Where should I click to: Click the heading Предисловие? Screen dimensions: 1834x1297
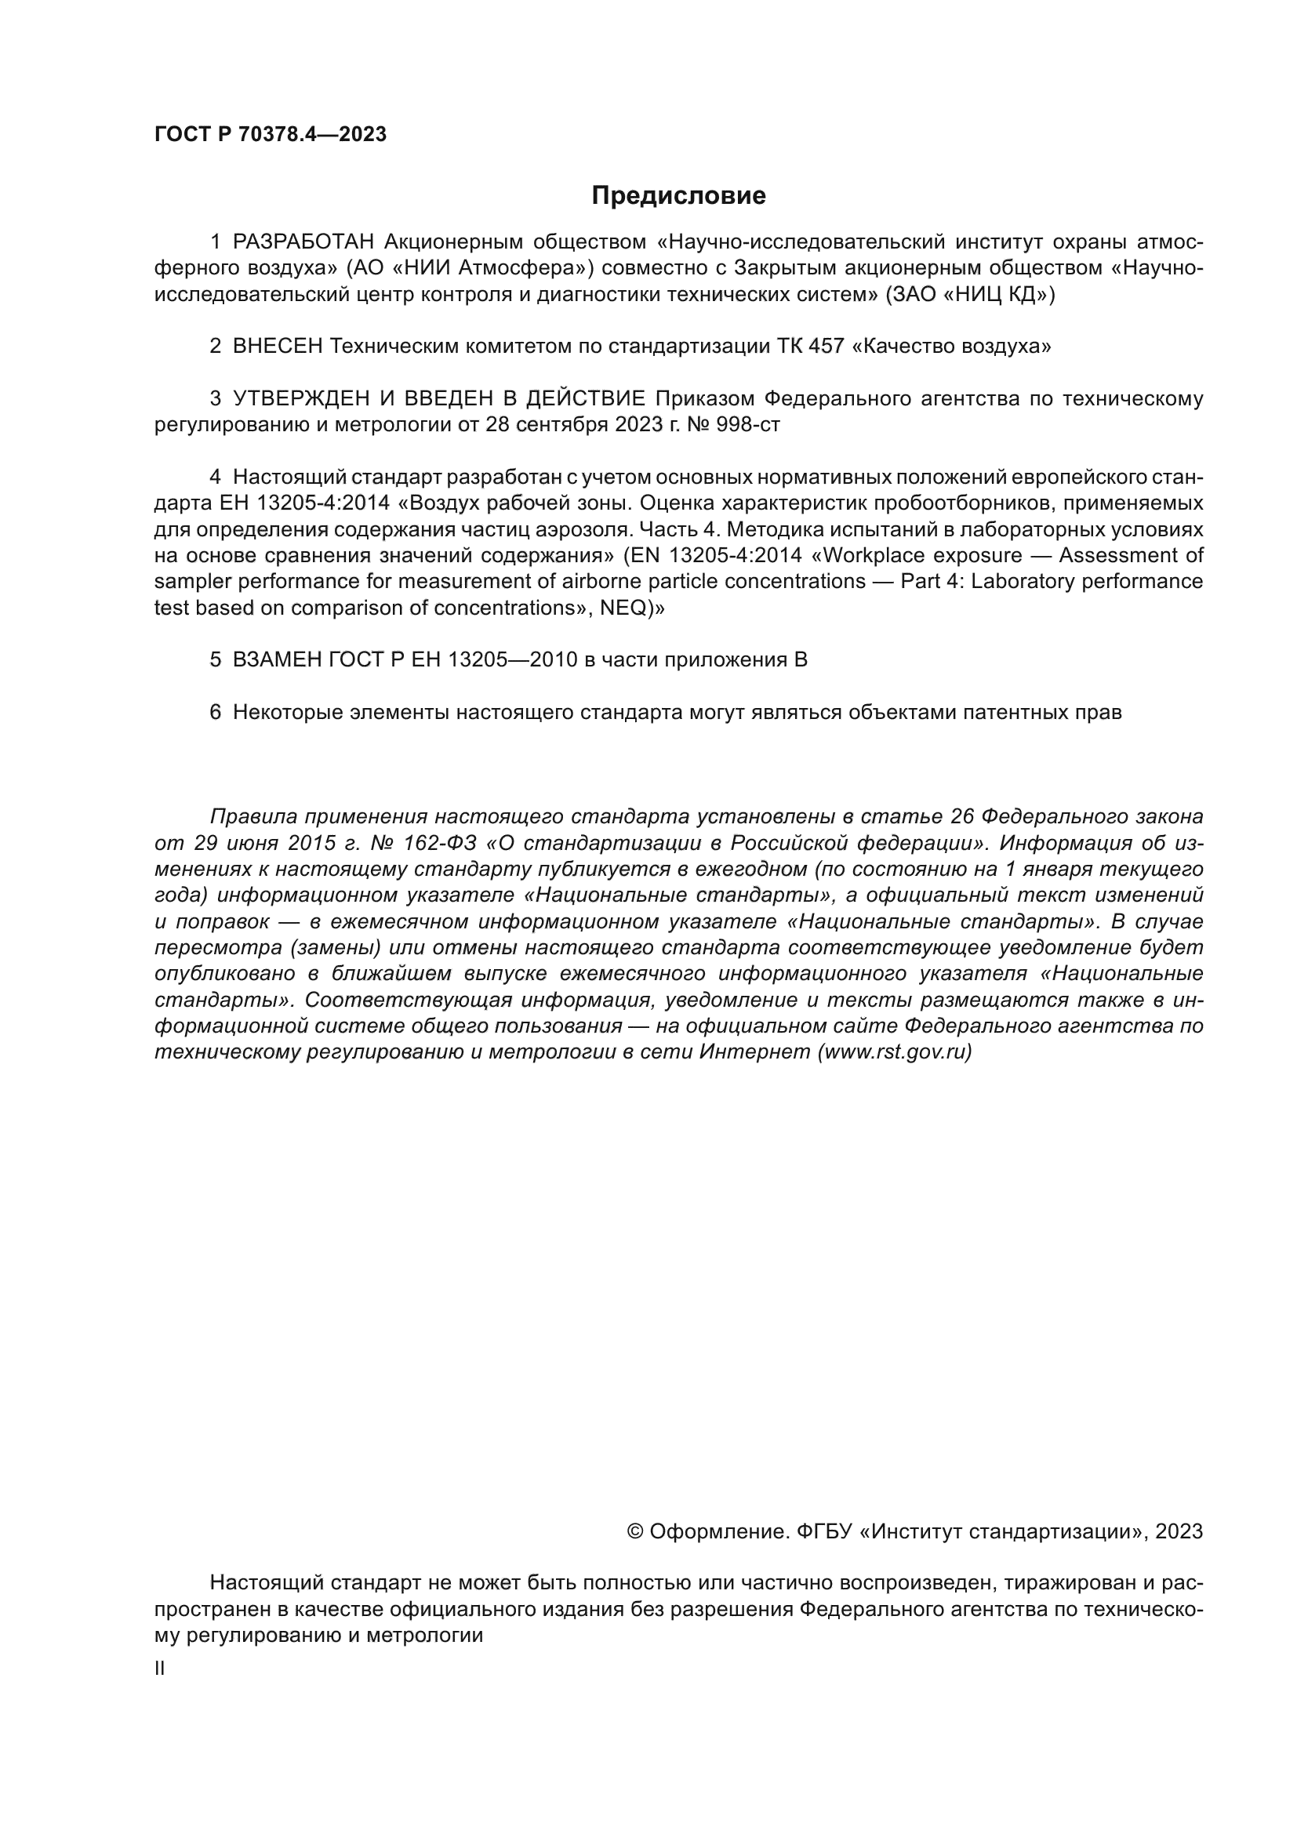(678, 196)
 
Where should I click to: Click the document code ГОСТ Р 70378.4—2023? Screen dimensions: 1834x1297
(270, 134)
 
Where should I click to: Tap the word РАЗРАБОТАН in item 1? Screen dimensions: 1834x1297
(303, 242)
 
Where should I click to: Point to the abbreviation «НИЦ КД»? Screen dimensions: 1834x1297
(994, 295)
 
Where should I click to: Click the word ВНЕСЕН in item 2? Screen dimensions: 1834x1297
(277, 347)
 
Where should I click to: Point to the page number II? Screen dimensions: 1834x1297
(159, 1668)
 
